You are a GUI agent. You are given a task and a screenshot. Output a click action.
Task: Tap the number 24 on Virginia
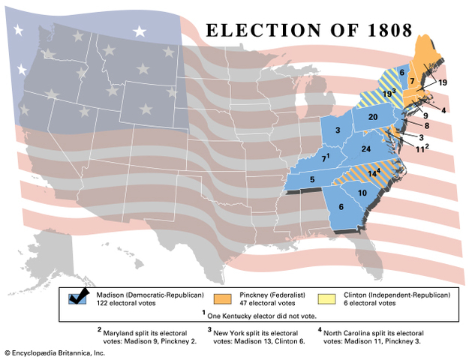pos(367,149)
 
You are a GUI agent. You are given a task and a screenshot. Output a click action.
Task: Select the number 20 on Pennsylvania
pos(372,117)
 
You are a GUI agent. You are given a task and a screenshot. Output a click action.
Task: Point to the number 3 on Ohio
pos(338,131)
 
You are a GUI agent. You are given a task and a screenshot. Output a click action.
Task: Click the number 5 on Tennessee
pos(311,180)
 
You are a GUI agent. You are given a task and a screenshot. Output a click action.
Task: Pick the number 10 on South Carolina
pos(362,193)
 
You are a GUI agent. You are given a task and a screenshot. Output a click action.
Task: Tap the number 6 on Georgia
pos(341,207)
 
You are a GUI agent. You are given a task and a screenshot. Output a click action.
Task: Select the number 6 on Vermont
pos(402,73)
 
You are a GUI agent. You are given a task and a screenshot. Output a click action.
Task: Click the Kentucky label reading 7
pos(325,159)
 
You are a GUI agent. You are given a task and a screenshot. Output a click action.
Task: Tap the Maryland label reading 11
pos(421,149)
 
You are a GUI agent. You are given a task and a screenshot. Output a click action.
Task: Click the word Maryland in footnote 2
pos(123,329)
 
